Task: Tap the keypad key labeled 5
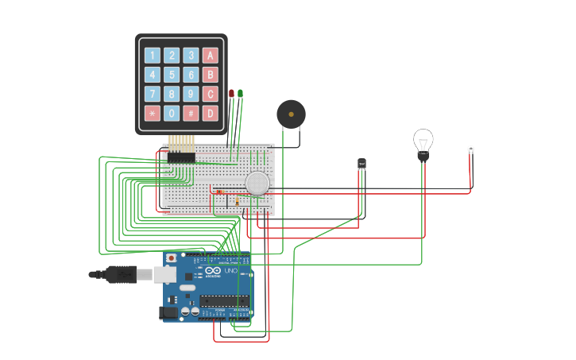click(x=172, y=75)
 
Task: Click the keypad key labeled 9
click(x=191, y=94)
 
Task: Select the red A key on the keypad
click(x=210, y=56)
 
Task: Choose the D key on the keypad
click(x=210, y=113)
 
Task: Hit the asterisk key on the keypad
click(x=152, y=113)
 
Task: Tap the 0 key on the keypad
click(x=172, y=113)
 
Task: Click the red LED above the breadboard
click(x=232, y=94)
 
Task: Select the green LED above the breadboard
click(x=241, y=94)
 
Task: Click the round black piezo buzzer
click(x=291, y=114)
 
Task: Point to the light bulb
click(x=423, y=143)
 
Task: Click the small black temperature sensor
click(x=362, y=164)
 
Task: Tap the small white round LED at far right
click(x=470, y=149)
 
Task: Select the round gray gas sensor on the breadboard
click(x=257, y=183)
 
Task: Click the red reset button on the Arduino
click(x=171, y=258)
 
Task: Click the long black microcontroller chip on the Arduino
click(x=224, y=300)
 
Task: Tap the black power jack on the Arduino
click(x=168, y=312)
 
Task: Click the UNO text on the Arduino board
click(x=230, y=271)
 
